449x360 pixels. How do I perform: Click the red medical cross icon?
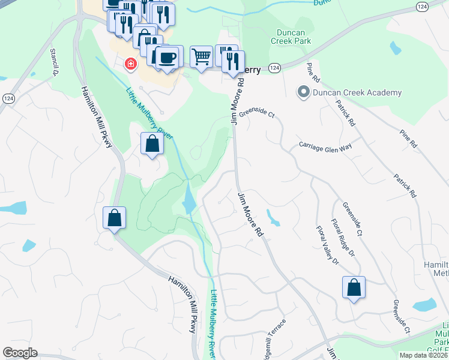pos(130,64)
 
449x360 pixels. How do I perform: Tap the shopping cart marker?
pos(202,57)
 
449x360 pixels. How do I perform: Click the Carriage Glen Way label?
pos(325,148)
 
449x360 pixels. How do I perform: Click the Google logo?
pos(20,353)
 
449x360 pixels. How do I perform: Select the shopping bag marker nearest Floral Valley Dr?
pos(354,287)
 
